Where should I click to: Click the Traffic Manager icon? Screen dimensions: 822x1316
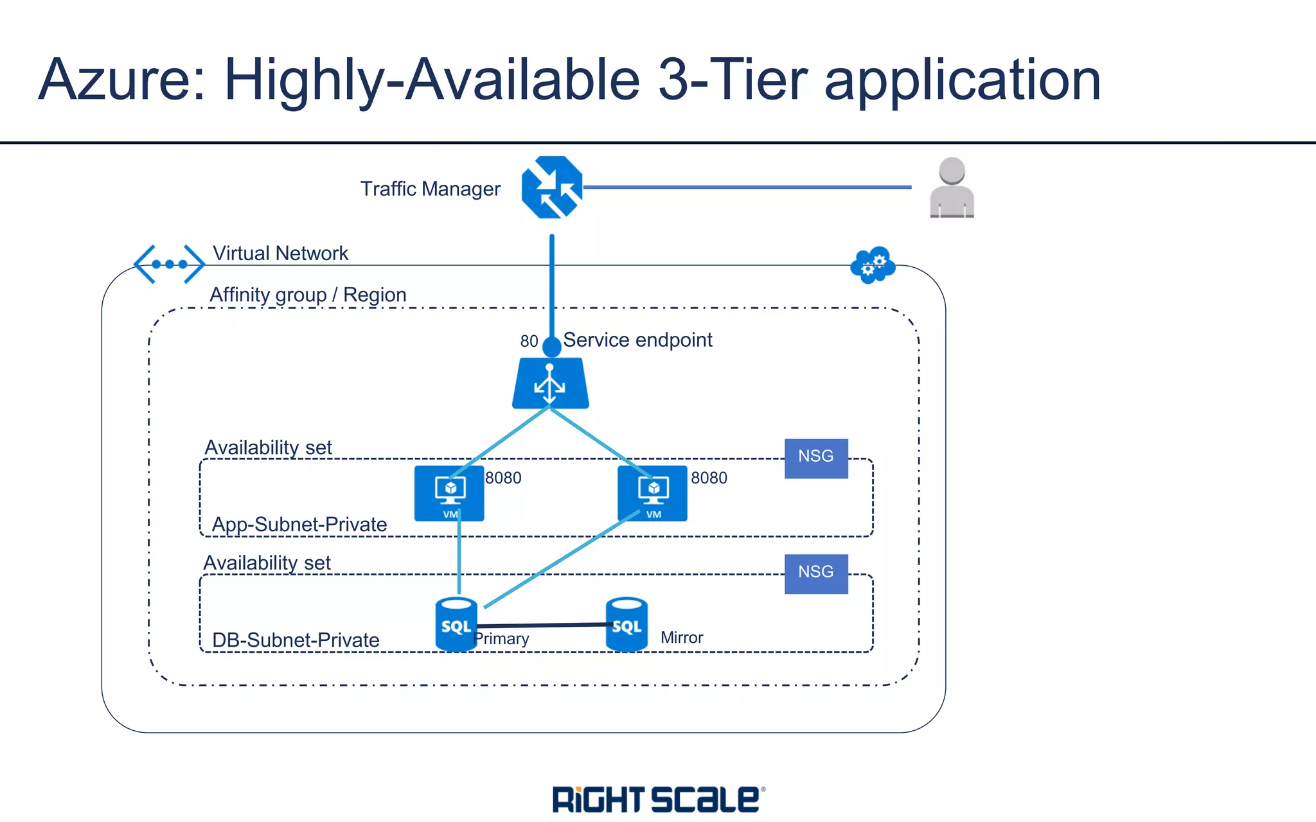point(551,188)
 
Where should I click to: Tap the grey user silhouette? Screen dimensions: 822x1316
point(952,188)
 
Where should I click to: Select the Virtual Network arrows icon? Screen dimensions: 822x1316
point(169,264)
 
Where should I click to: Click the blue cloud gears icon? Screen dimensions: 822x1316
point(873,265)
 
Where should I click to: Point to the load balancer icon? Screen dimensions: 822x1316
point(550,384)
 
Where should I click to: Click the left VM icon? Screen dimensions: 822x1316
point(449,493)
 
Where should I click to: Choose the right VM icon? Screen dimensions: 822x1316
point(652,493)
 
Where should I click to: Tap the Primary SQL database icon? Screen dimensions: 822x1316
point(456,624)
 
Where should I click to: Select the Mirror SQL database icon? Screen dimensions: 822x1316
point(627,624)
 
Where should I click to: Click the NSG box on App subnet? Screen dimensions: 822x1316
point(816,458)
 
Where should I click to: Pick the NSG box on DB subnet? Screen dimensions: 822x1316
point(816,573)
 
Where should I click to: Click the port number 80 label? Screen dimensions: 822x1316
point(529,341)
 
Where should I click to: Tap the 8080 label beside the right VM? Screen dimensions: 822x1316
point(709,478)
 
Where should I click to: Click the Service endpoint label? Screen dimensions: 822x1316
point(637,340)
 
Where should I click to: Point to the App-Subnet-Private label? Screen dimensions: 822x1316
point(299,524)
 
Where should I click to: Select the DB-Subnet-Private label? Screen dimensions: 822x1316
point(296,640)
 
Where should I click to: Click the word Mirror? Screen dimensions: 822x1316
point(681,638)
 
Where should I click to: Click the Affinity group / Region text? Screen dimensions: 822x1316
point(308,295)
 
